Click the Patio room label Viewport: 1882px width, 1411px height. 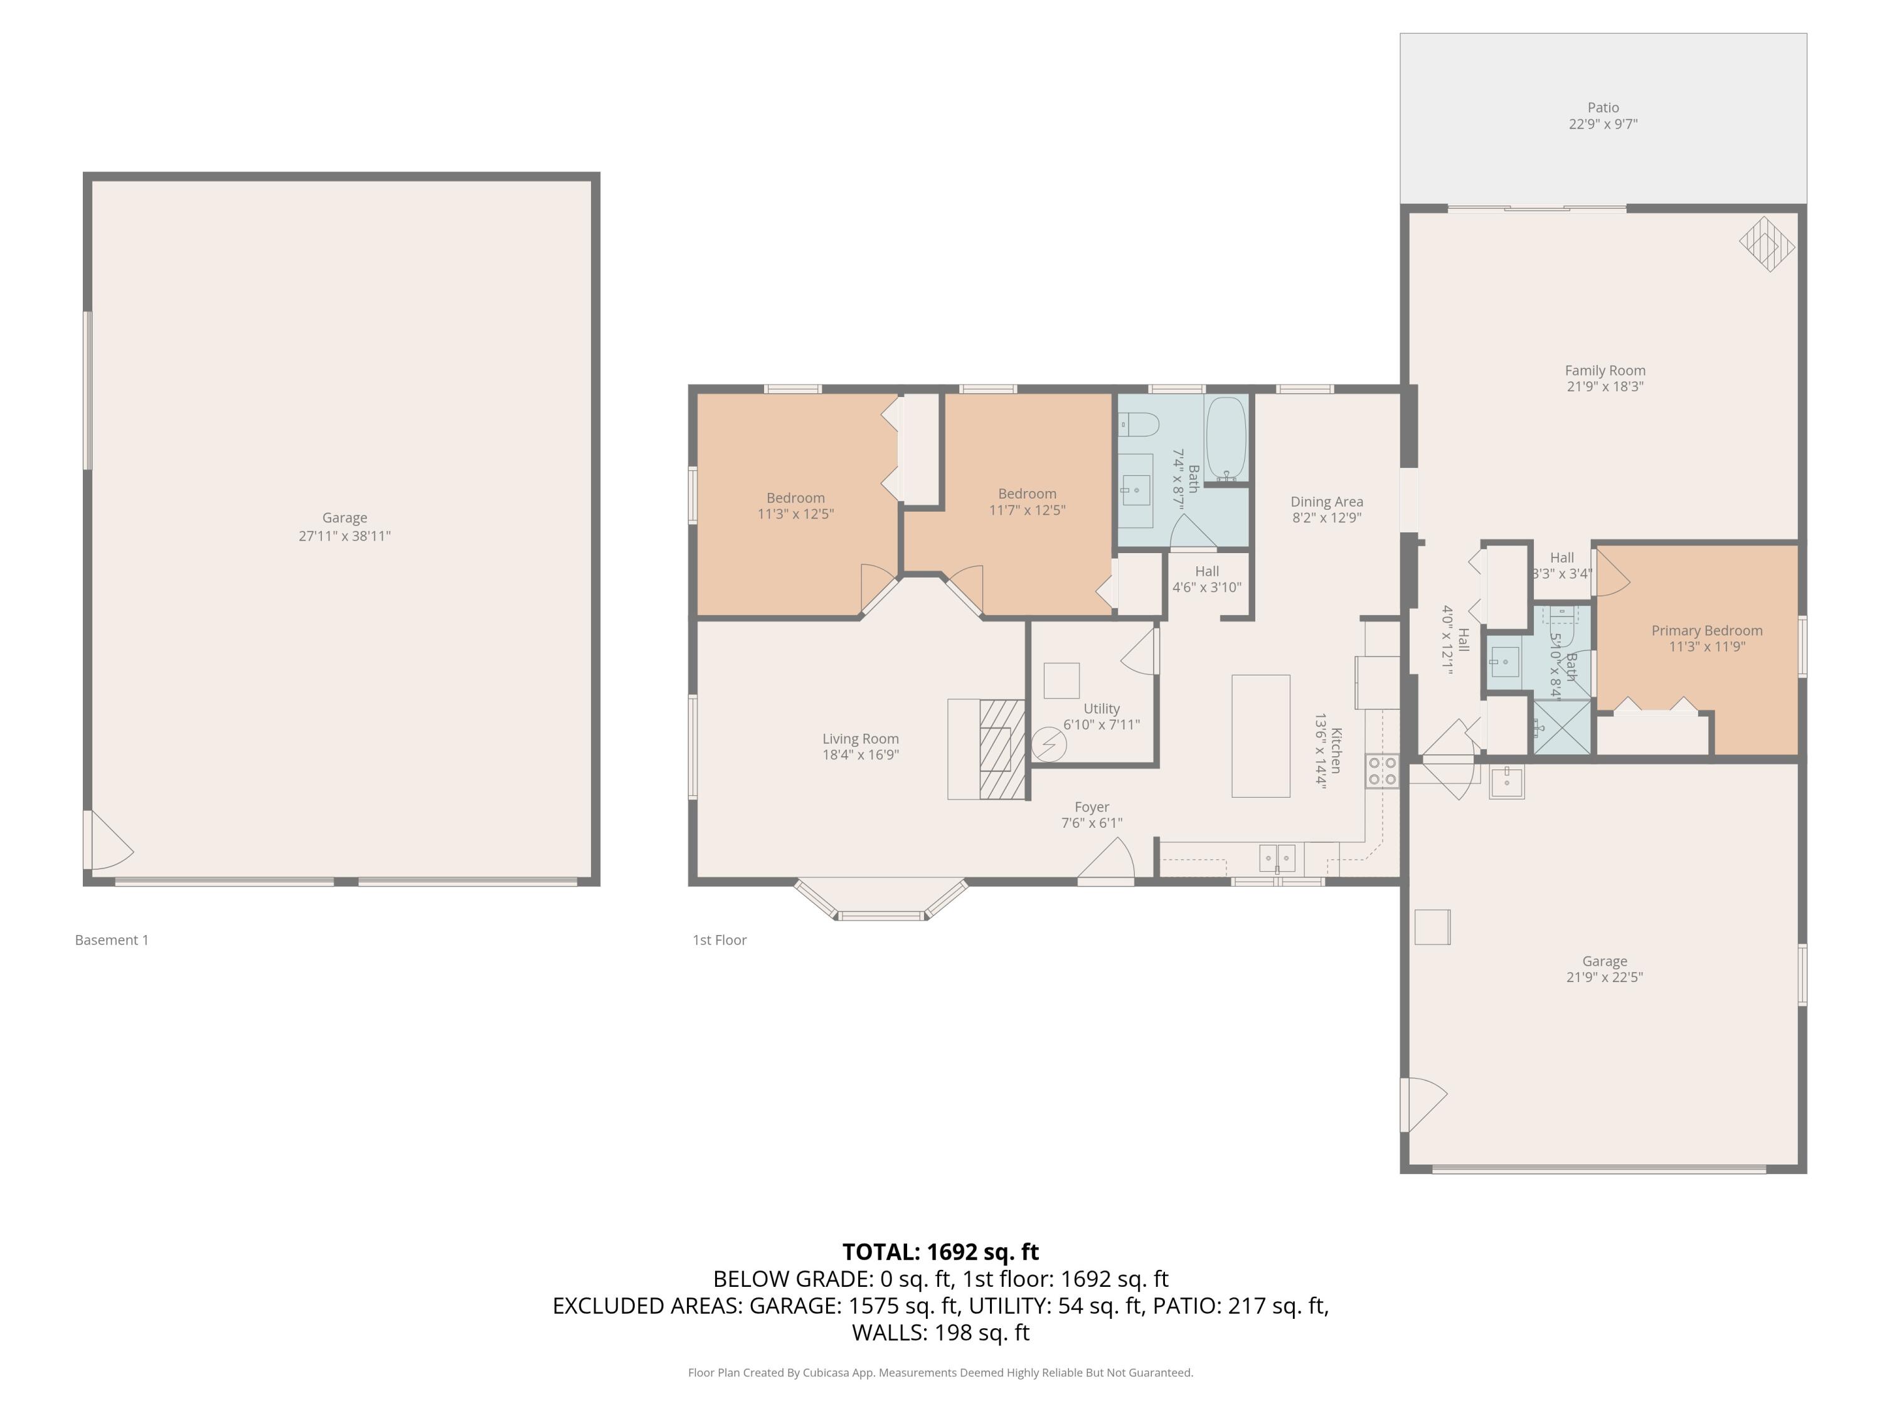pyautogui.click(x=1603, y=108)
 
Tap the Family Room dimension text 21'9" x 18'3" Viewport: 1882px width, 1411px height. pyautogui.click(x=1605, y=387)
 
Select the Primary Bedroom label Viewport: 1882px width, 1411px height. pyautogui.click(x=1707, y=630)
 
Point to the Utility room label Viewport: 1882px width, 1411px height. pyautogui.click(x=1101, y=709)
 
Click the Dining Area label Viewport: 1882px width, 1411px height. pyautogui.click(x=1326, y=502)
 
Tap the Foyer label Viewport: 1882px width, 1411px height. pyautogui.click(x=1092, y=807)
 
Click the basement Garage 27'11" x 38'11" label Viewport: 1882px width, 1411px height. pyautogui.click(x=344, y=527)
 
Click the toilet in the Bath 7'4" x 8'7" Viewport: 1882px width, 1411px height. pyautogui.click(x=1139, y=423)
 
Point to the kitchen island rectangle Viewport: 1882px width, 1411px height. pyautogui.click(x=1260, y=736)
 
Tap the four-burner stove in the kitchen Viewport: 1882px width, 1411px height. pyautogui.click(x=1382, y=771)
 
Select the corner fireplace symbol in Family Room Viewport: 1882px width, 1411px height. pyautogui.click(x=1767, y=244)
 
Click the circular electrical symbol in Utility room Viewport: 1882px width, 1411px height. pyautogui.click(x=1048, y=745)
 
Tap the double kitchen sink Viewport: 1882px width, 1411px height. pyautogui.click(x=1277, y=857)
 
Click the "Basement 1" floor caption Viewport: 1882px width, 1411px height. pyautogui.click(x=112, y=940)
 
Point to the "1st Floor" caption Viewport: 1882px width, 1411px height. pyautogui.click(x=719, y=940)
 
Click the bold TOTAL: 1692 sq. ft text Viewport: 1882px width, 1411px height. pyautogui.click(x=940, y=1252)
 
